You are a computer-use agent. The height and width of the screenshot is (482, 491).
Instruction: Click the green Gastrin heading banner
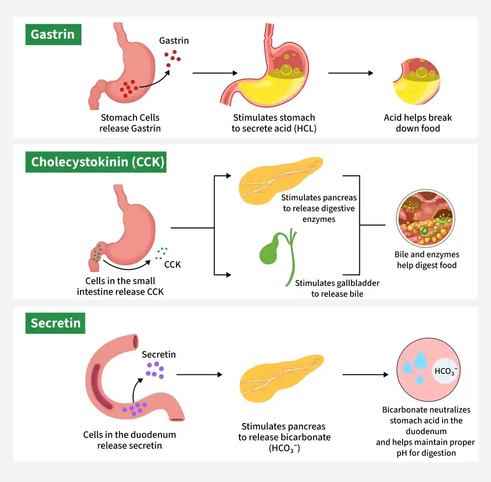[x=53, y=34]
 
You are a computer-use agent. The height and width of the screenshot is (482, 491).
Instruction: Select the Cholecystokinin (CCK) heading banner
[x=96, y=162]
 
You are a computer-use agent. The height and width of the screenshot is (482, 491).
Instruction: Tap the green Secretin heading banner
[x=55, y=323]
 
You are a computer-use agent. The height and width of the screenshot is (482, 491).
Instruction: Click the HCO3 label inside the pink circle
[x=446, y=371]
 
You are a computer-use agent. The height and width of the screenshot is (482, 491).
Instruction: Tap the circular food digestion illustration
[x=426, y=219]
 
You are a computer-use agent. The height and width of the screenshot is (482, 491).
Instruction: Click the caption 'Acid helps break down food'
[x=418, y=123]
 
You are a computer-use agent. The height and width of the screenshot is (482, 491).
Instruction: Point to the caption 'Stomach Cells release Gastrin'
[x=130, y=123]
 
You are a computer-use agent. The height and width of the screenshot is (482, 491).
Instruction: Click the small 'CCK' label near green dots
[x=172, y=264]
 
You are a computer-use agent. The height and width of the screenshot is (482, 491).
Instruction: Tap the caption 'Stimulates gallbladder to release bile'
[x=337, y=288]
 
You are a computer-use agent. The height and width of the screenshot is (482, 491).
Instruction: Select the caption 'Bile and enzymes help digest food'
[x=427, y=260]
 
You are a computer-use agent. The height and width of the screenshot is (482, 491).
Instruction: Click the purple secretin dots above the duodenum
[x=155, y=370]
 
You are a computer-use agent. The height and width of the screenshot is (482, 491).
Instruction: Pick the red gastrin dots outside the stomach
[x=173, y=58]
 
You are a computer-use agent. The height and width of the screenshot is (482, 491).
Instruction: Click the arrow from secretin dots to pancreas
[x=199, y=374]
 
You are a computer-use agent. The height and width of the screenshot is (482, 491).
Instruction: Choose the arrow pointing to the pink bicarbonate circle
[x=365, y=374]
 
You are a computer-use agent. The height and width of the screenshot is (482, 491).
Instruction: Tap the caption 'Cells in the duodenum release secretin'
[x=129, y=440]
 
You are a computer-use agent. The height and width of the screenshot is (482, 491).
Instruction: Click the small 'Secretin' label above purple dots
[x=159, y=354]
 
